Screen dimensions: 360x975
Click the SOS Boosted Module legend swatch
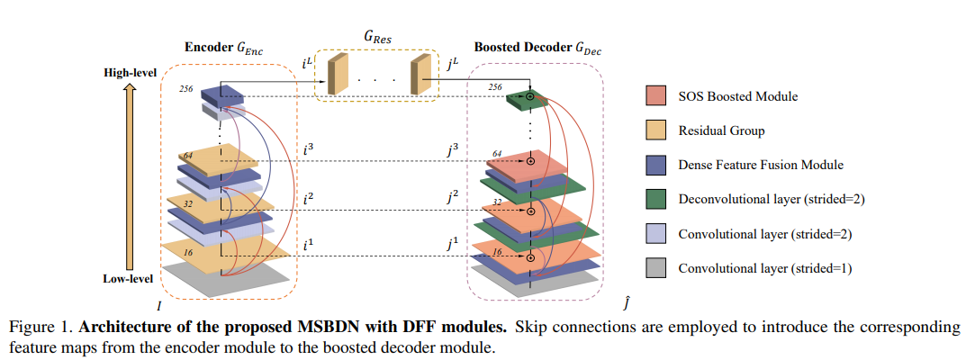[657, 96]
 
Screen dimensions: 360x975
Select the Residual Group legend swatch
[657, 130]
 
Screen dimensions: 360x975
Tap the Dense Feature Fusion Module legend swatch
[657, 165]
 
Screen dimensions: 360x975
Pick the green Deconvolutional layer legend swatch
[657, 199]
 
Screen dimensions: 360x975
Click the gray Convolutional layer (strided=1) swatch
[657, 268]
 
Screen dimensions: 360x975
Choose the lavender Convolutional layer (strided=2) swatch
[657, 234]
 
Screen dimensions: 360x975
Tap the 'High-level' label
[130, 70]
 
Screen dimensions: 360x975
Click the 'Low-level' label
[128, 279]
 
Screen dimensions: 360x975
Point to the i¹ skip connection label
[310, 243]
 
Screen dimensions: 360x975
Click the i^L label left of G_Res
[308, 63]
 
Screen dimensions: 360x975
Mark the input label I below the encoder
[160, 307]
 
